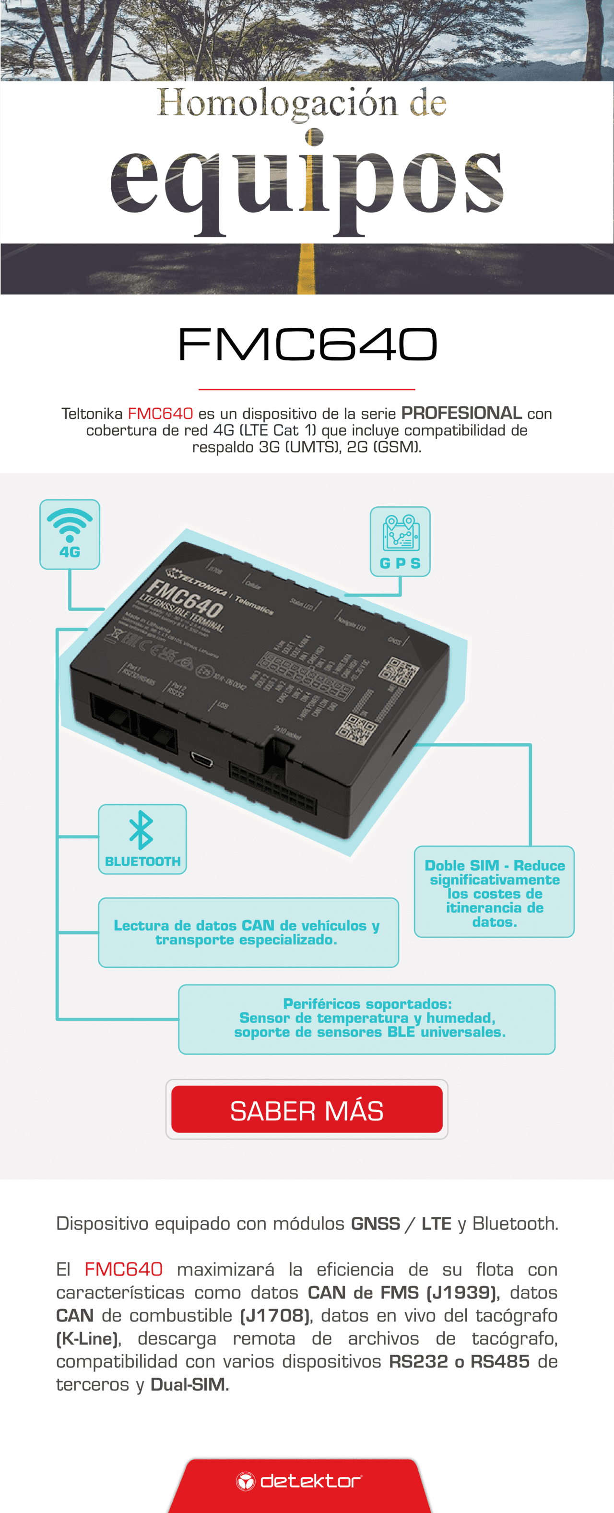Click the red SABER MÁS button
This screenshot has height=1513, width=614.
coord(307,1109)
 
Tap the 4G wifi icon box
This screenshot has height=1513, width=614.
coord(70,534)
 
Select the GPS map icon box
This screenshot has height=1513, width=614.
coord(400,541)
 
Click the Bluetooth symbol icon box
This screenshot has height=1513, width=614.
coord(142,838)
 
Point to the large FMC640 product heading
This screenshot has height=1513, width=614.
coord(307,344)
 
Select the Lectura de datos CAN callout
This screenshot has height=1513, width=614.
coord(248,932)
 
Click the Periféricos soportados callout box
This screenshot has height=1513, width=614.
coord(367,1018)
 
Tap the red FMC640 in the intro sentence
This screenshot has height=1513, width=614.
coord(160,414)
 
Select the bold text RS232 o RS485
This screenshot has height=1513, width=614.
coord(459,1361)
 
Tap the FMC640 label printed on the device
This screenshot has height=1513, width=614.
coord(184,598)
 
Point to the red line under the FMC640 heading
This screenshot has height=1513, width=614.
coord(307,389)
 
